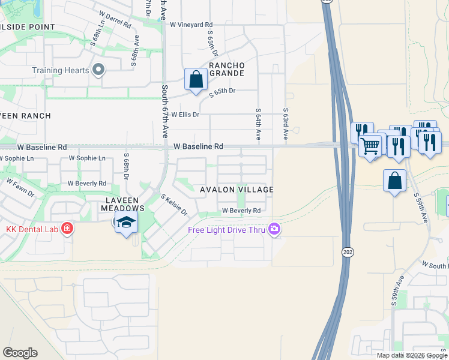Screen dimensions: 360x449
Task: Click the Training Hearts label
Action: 61,70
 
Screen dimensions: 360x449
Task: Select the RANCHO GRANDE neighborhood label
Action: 226,69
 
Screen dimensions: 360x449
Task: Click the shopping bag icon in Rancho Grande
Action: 196,79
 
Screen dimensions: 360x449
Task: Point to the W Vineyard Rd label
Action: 191,25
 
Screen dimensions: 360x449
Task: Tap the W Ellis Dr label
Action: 185,114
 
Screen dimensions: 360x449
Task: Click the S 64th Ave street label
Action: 258,124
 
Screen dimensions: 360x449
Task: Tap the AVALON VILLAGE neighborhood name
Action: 237,190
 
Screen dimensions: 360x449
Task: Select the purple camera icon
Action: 274,229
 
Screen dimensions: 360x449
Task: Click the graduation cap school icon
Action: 126,222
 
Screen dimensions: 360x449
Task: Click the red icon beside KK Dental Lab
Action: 67,229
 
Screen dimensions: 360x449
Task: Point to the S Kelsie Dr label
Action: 174,205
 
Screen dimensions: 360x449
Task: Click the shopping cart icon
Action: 370,145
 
